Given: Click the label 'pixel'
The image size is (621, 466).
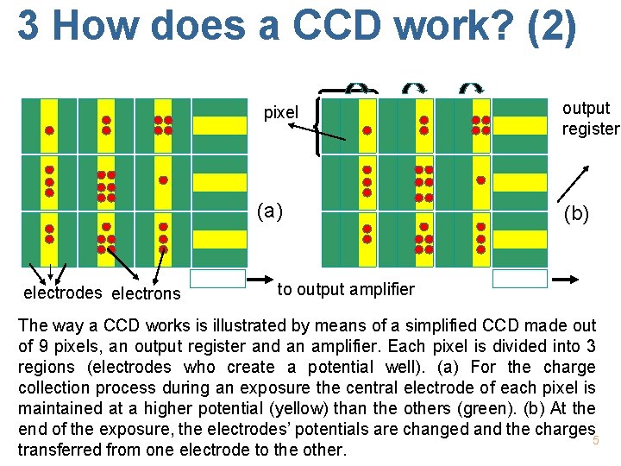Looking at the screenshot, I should tap(280, 112).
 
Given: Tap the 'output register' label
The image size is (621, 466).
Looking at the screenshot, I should tap(590, 119).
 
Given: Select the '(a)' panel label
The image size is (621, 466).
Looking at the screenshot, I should tap(269, 210).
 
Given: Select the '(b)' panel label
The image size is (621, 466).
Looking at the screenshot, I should tap(578, 212).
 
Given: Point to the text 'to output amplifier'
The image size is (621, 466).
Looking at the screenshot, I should tap(346, 289).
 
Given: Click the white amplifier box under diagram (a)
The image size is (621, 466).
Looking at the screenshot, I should tap(217, 279).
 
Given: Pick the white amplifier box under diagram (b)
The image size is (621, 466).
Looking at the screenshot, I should tap(519, 279).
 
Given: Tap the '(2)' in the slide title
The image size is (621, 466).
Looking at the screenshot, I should tap(547, 25).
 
